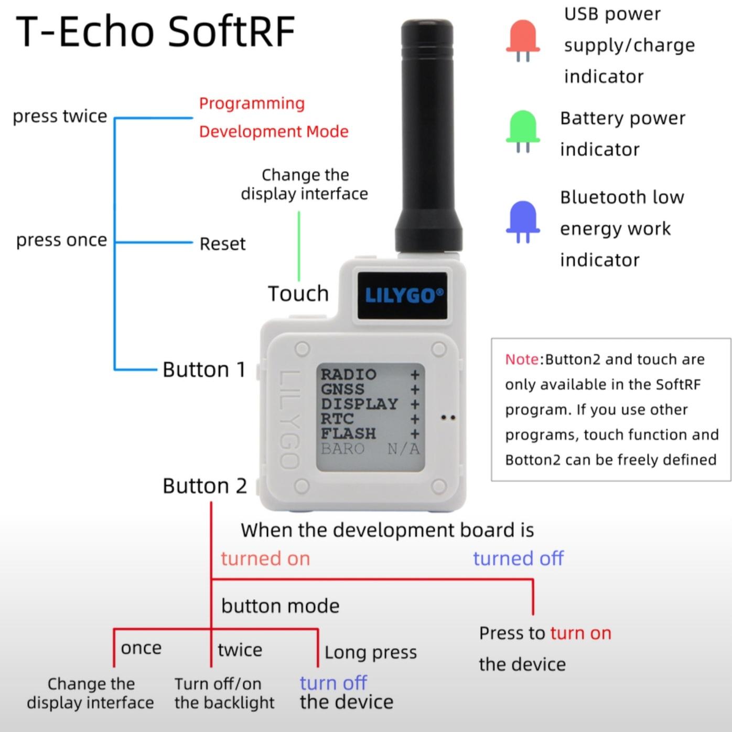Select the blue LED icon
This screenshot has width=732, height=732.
pos(523,222)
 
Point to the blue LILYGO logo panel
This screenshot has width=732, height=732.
pos(402,295)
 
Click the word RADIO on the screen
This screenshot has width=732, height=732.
pos(349,374)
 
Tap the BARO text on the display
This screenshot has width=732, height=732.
pos(342,449)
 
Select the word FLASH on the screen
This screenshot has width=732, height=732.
pos(348,433)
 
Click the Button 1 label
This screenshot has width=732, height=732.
pos(204,369)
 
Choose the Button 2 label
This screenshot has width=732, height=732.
pos(204,485)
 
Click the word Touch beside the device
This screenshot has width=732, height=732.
pos(298,293)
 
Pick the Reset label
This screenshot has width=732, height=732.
pos(223,244)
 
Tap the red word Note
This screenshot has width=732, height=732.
pos(522,359)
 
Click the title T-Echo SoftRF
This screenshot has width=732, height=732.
pos(155,31)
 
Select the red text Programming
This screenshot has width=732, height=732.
pos(252,104)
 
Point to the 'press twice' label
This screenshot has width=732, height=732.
pos(60,116)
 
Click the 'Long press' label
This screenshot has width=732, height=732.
pos(371,653)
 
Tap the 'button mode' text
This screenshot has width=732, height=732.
pos(281,606)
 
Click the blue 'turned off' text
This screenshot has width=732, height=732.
pos(518,558)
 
